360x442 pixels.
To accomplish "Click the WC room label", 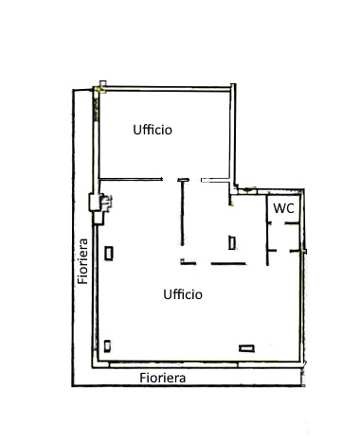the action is click(x=283, y=208).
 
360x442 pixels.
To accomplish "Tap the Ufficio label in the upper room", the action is click(x=153, y=130).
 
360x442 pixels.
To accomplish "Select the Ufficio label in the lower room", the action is click(x=183, y=294).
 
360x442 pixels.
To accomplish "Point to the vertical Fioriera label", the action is click(x=82, y=261).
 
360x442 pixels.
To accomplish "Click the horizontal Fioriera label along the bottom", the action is click(x=163, y=378).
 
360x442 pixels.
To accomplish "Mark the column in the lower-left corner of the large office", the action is click(x=107, y=346).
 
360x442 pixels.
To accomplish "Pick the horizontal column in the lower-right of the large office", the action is click(x=246, y=348).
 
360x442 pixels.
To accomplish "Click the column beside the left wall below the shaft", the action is click(x=109, y=254).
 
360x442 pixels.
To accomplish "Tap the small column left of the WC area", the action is click(x=232, y=242).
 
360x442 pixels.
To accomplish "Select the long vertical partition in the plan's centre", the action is click(x=182, y=214).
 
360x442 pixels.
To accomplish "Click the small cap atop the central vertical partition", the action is click(x=183, y=180).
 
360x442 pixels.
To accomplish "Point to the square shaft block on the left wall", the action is click(x=95, y=203).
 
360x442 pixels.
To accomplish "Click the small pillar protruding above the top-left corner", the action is click(x=103, y=83).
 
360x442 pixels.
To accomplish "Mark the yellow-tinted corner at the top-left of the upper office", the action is click(x=100, y=90).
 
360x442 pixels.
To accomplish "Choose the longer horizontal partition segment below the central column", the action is click(x=228, y=263).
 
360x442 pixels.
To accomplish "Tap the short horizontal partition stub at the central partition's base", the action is click(x=189, y=262).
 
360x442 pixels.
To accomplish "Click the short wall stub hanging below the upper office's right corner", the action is click(x=230, y=200).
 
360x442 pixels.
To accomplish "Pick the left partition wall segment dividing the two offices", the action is click(x=131, y=180).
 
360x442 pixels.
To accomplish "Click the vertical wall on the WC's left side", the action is click(x=267, y=230).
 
